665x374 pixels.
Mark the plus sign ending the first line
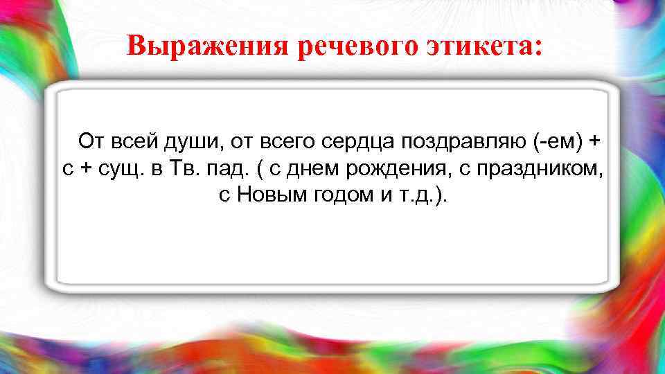coord(594,142)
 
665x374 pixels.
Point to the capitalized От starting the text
coord(90,142)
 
